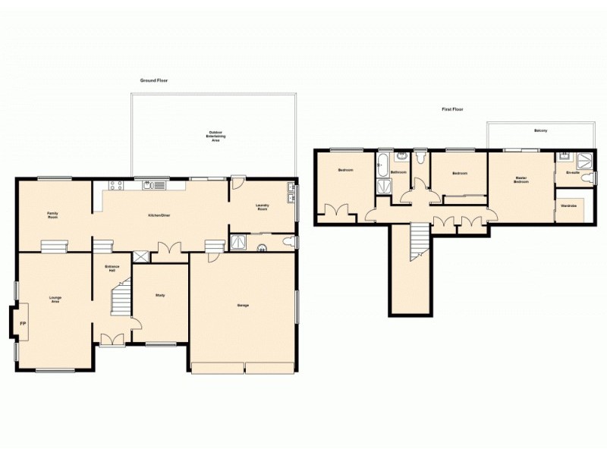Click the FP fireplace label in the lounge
22,324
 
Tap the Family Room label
53,215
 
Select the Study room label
160,295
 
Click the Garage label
243,305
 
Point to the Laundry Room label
263,207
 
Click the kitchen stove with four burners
116,184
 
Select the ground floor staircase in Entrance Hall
121,299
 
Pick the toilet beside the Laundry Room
286,242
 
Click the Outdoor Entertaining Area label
215,136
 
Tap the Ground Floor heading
153,80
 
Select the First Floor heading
453,109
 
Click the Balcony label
540,131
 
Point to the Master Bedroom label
521,180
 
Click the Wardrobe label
568,206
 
